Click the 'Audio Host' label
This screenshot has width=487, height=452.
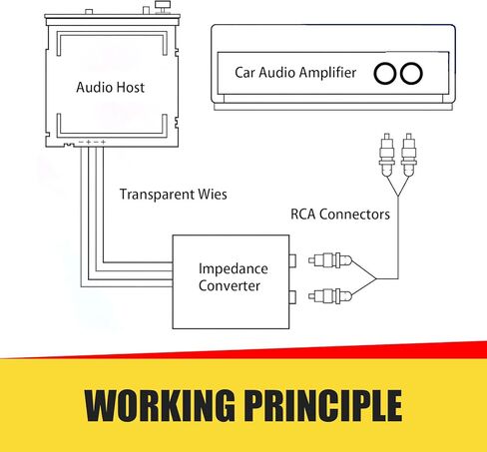pos(110,87)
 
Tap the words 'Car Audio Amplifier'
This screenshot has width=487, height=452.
pos(295,73)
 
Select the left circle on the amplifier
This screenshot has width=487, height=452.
pos(385,73)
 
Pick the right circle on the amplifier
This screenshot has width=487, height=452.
pos(411,73)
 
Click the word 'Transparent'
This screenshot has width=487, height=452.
pos(157,195)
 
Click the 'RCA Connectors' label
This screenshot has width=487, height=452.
pos(340,215)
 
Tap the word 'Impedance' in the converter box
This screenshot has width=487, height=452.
pos(234,269)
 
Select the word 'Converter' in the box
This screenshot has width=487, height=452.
pos(230,285)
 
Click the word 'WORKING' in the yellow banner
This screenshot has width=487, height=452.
pos(160,405)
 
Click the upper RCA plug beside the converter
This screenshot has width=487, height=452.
pos(329,260)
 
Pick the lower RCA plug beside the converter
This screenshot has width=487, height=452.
pos(329,295)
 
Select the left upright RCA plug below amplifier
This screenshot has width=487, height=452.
pos(387,155)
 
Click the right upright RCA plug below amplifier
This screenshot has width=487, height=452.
pos(409,155)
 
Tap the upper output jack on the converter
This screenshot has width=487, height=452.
pos(292,260)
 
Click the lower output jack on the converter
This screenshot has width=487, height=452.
pos(292,297)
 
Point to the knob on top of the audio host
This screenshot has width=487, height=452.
pos(163,7)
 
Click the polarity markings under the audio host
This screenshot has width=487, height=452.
pos(92,142)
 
